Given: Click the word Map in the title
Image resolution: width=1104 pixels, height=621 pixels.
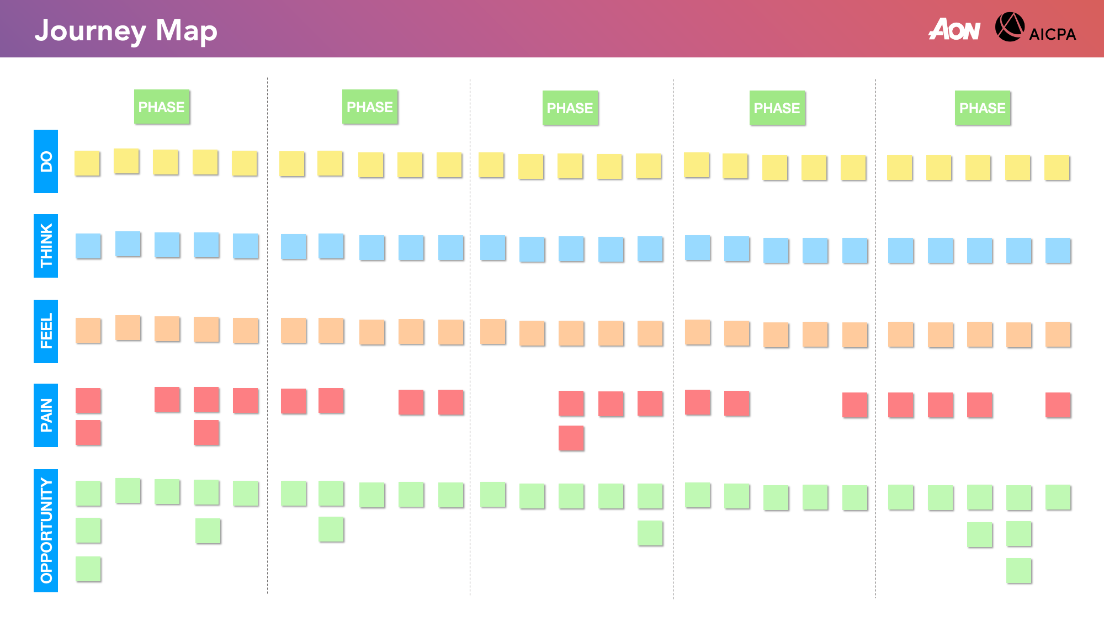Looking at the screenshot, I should point(186,31).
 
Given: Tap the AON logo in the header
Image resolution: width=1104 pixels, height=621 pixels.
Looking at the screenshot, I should point(954,29).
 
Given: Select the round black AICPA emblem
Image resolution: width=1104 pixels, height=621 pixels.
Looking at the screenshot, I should point(1010,27).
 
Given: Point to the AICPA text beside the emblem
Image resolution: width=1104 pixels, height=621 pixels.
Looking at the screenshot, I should point(1052,34).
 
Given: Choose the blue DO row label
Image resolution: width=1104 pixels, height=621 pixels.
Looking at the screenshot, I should point(46,161).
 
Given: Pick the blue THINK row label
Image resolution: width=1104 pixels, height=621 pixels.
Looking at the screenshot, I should point(46,246).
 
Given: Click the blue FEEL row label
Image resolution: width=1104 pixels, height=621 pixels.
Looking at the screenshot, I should point(46,331).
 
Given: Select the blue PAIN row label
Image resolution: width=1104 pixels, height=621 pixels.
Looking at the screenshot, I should point(46,415).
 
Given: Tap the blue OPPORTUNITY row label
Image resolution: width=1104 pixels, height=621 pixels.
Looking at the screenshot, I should point(46,530).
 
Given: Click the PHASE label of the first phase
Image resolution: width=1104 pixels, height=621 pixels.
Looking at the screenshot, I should point(162,107).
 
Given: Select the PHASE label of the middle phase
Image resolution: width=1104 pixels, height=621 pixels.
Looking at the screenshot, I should point(570,108).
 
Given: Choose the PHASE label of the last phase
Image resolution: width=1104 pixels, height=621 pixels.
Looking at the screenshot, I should point(983,108).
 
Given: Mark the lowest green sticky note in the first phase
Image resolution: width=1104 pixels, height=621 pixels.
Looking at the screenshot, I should point(88,569).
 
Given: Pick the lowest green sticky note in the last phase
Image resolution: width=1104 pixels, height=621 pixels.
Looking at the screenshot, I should point(1018,570).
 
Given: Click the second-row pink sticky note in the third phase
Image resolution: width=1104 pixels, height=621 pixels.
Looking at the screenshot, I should point(571,438).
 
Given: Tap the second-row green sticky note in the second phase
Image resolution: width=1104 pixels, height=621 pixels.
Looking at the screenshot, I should point(331,529).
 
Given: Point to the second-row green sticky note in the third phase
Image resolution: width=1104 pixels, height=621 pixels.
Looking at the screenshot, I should point(650,533).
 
